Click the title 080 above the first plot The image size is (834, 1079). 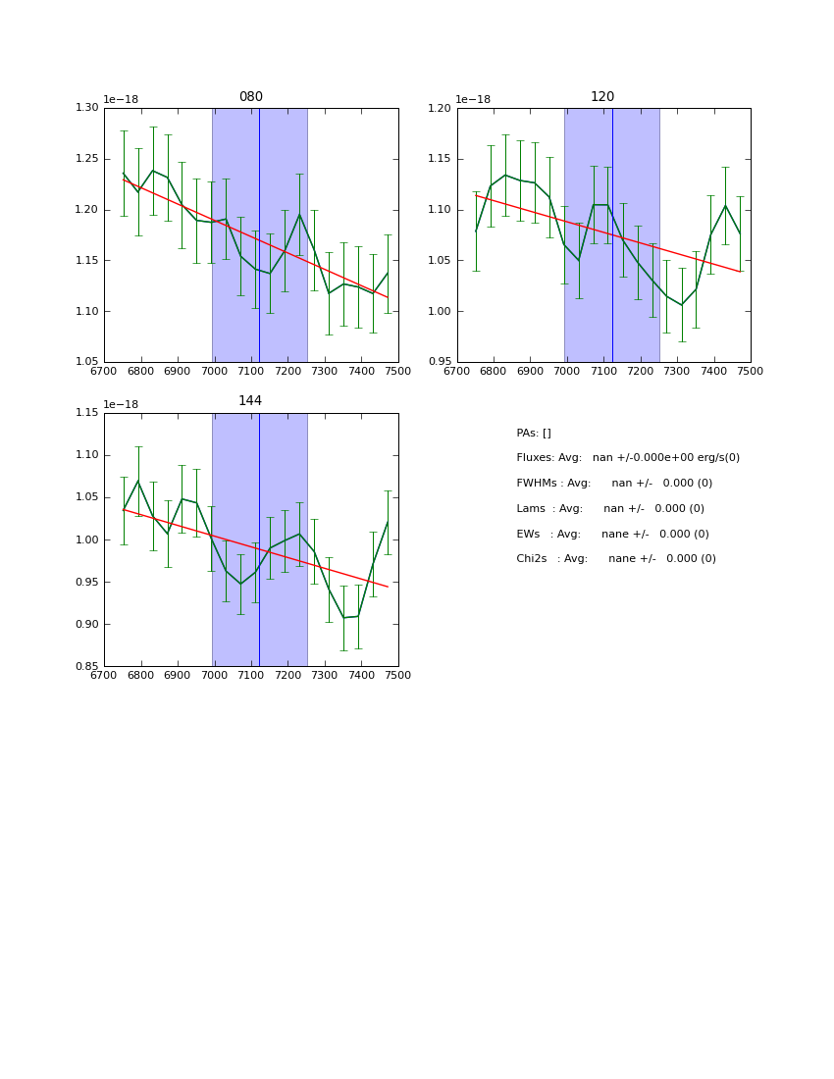pyautogui.click(x=251, y=97)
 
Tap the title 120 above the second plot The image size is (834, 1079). pyautogui.click(x=602, y=97)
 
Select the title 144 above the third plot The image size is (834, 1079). pyautogui.click(x=250, y=401)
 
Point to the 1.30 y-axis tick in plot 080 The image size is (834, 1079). pyautogui.click(x=88, y=108)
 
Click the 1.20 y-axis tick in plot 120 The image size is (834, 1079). pyautogui.click(x=441, y=108)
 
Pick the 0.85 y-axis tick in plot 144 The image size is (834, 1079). pyautogui.click(x=88, y=667)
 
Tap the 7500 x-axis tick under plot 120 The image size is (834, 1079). pyautogui.click(x=751, y=372)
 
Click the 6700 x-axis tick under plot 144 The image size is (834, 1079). pyautogui.click(x=104, y=676)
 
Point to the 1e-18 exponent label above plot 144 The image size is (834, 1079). pyautogui.click(x=121, y=404)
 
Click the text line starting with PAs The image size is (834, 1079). pyautogui.click(x=534, y=434)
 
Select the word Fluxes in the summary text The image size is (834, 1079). pyautogui.click(x=534, y=458)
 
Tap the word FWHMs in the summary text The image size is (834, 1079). pyautogui.click(x=536, y=484)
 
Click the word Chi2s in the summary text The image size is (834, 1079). pyautogui.click(x=533, y=559)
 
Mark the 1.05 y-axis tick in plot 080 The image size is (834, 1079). pyautogui.click(x=88, y=362)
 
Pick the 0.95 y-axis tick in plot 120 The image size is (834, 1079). pyautogui.click(x=441, y=362)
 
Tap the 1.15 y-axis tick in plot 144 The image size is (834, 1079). pyautogui.click(x=88, y=413)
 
